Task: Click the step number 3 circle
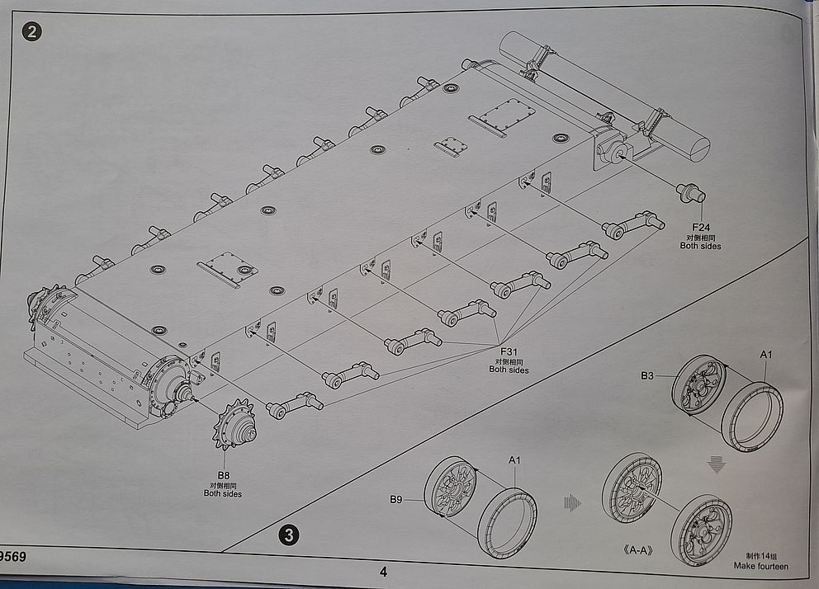pos(288,535)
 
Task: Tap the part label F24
pos(701,227)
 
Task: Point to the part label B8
pos(223,475)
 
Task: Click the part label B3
pos(647,375)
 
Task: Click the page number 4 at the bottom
pos(383,571)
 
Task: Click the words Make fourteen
pos(760,566)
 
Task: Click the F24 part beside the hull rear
pos(691,194)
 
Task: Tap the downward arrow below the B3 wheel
pos(717,465)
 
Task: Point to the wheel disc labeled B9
pos(452,489)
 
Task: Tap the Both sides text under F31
pos(509,370)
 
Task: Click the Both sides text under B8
pos(223,493)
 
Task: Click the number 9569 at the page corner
pos(12,557)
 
